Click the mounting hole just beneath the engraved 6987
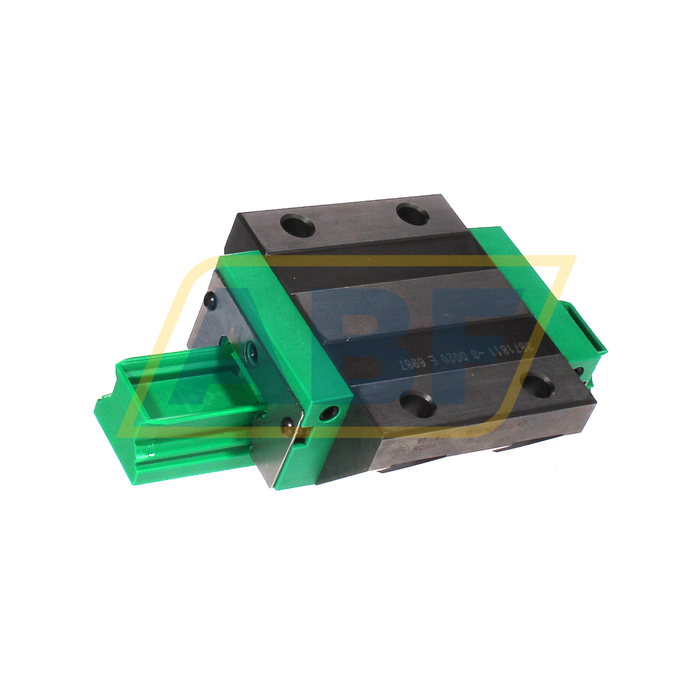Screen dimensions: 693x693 point(416,401)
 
